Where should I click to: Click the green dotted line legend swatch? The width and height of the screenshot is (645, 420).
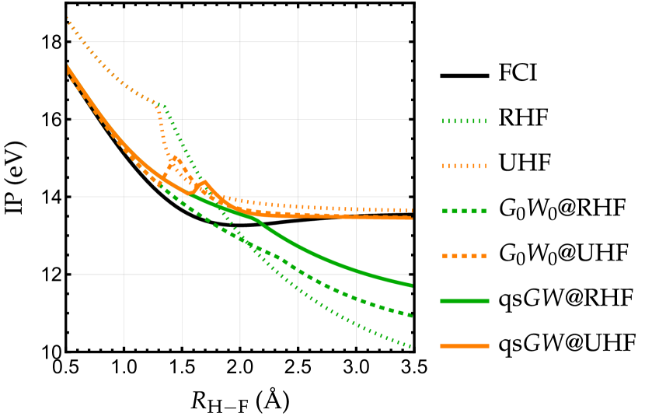tap(464, 121)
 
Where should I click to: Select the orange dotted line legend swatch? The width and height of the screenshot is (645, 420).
tap(464, 166)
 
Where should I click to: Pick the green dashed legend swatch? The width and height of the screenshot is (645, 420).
tap(464, 211)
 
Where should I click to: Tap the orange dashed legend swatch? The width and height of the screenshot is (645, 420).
tap(464, 256)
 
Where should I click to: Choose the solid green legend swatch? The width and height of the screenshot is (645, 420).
tap(464, 301)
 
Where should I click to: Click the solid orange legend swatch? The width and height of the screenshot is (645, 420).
tap(464, 345)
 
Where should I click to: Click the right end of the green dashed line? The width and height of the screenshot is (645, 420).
tap(411, 316)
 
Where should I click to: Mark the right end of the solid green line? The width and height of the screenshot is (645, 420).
tap(411, 285)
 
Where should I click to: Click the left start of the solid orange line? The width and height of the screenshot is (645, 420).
tap(68, 67)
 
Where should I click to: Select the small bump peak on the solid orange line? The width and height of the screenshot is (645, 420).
tap(204, 183)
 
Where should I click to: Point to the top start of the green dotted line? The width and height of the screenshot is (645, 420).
tap(158, 103)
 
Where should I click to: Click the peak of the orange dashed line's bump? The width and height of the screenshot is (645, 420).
tap(174, 159)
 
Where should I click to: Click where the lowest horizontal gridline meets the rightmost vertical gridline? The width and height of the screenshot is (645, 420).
tap(356, 275)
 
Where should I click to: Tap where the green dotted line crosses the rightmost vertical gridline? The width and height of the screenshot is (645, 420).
tap(356, 323)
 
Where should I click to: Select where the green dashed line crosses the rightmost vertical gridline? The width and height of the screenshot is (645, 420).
tap(356, 299)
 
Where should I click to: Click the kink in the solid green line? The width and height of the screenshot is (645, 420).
tap(260, 222)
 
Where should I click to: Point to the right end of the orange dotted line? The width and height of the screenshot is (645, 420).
tap(411, 210)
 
